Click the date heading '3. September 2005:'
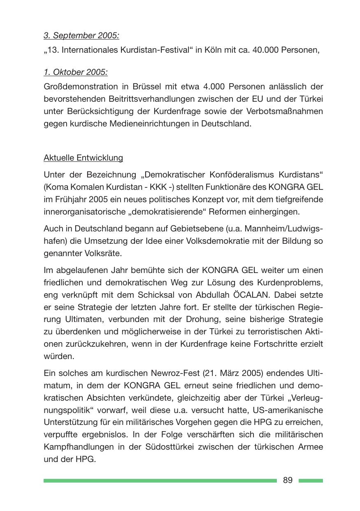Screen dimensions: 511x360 (x=81, y=35)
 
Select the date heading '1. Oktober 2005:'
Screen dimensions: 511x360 (x=76, y=72)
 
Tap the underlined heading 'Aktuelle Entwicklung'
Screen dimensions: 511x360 (x=83, y=158)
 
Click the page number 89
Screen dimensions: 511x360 (x=288, y=480)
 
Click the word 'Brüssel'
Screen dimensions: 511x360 (x=148, y=87)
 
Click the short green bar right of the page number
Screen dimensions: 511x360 (x=311, y=481)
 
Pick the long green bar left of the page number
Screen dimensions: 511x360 (x=160, y=481)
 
